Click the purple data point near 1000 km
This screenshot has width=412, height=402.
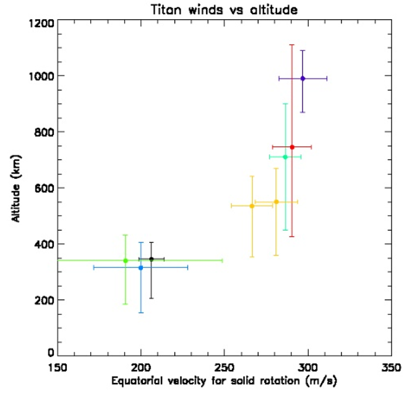point(303,79)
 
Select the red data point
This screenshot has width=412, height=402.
point(292,147)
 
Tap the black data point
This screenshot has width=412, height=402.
point(151,259)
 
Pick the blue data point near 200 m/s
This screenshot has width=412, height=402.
point(141,267)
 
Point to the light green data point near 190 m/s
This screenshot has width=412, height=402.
point(126,260)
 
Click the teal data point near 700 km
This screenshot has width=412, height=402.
point(285,157)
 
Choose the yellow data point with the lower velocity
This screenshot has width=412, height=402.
point(252,206)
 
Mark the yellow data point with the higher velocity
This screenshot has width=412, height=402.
point(277,202)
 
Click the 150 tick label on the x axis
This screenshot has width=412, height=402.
point(58,366)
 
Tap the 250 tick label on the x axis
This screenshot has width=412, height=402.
point(224,366)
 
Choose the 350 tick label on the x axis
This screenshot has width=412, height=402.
point(390,366)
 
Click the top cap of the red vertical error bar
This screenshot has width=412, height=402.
point(292,45)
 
